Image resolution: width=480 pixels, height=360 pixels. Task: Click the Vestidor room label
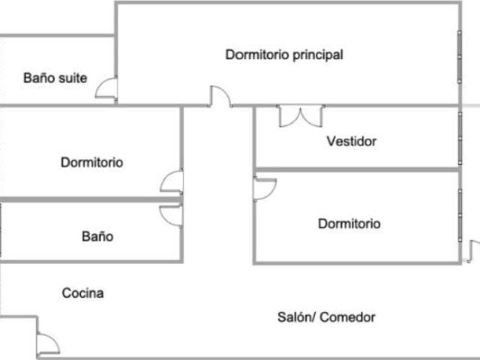tap(352, 142)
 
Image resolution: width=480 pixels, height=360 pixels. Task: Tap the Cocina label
tap(82, 293)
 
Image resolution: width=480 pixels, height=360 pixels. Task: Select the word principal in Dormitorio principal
tap(318, 55)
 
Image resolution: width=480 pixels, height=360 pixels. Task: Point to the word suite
tap(73, 78)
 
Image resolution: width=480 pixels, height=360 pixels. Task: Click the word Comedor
tap(347, 317)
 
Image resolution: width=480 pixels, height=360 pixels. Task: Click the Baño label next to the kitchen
tap(97, 237)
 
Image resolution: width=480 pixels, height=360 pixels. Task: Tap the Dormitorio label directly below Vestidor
tap(349, 223)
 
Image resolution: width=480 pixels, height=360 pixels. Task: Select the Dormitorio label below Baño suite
tap(91, 163)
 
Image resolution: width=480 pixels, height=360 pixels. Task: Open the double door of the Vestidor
tap(301, 116)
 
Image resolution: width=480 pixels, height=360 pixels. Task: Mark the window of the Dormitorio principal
tap(460, 57)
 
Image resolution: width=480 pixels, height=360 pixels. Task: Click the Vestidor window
tap(460, 138)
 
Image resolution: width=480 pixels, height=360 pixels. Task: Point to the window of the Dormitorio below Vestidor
tap(460, 215)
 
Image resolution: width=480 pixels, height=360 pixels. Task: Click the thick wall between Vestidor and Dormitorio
tap(358, 169)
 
